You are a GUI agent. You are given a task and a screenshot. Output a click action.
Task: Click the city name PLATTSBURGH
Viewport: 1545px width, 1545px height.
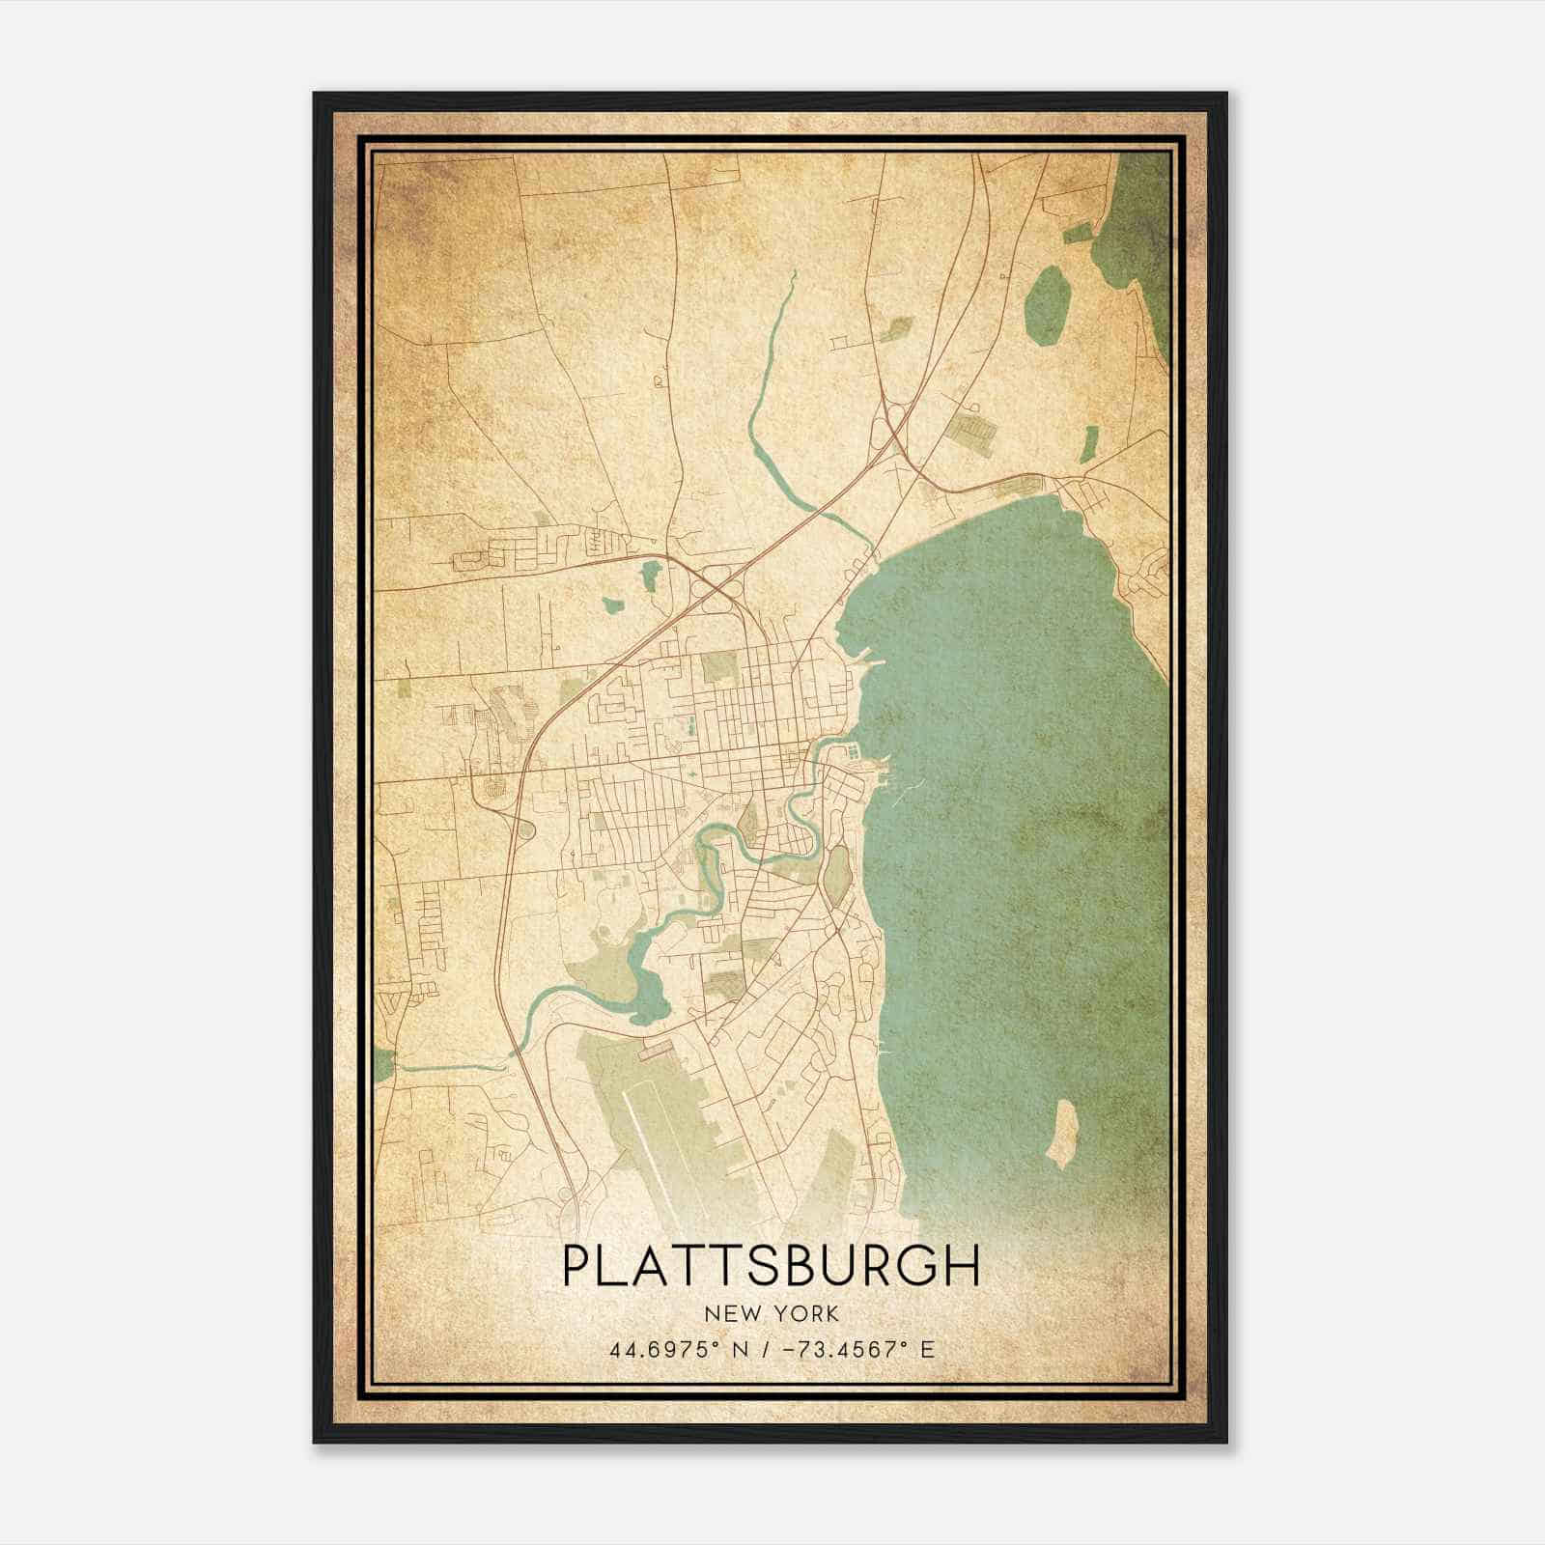[x=771, y=1266]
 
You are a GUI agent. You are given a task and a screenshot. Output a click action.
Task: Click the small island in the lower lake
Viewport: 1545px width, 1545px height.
[x=1061, y=1133]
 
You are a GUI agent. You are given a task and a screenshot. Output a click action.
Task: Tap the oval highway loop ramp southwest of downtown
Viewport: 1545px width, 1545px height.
[x=527, y=829]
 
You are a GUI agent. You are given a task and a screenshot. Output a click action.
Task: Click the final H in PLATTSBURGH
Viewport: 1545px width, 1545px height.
[x=965, y=1266]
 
